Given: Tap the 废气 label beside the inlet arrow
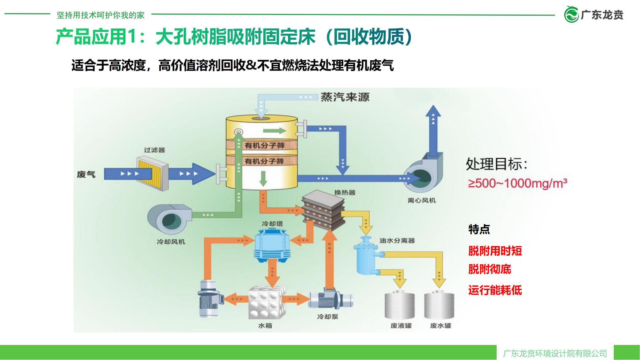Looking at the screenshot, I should (x=86, y=174).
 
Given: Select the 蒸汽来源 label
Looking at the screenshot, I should (x=345, y=97).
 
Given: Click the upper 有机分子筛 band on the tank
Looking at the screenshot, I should (x=264, y=146).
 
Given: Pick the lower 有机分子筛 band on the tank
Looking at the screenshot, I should (x=264, y=161).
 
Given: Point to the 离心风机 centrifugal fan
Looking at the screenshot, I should (x=422, y=176).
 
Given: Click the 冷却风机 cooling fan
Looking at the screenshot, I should (x=169, y=219).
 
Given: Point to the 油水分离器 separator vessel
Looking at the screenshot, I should (x=366, y=256).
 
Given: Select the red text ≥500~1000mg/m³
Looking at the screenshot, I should (x=517, y=183).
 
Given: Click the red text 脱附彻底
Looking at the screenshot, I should (x=489, y=269).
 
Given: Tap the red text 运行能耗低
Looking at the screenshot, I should (x=495, y=290).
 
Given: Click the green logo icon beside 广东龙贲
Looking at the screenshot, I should (x=571, y=14).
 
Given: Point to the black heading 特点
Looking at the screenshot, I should (x=479, y=229).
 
